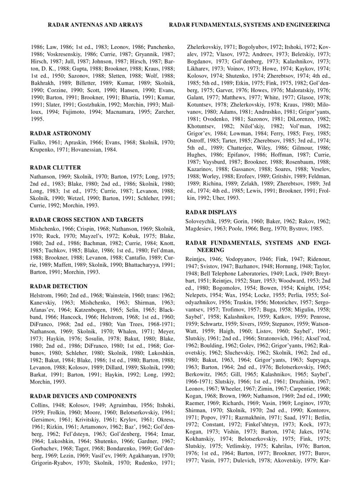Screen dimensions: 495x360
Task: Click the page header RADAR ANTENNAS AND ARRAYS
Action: point(95,25)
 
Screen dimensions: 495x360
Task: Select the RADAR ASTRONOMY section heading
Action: point(60,133)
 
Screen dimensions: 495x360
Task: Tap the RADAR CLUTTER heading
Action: point(55,167)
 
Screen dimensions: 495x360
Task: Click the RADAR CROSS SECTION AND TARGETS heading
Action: point(86,220)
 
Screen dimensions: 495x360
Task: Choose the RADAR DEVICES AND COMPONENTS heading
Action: point(83,396)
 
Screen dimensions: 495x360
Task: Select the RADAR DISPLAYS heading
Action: point(211,212)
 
